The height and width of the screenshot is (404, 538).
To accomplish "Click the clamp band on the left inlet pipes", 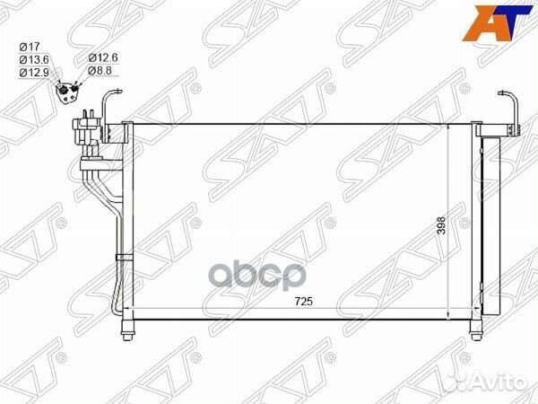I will (123, 258).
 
